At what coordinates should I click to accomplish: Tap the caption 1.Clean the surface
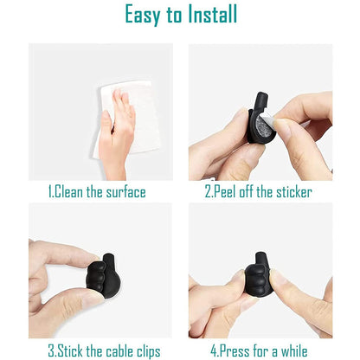coord(96,192)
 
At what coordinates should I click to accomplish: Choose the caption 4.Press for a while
coord(259,350)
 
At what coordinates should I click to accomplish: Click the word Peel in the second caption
coord(227,192)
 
